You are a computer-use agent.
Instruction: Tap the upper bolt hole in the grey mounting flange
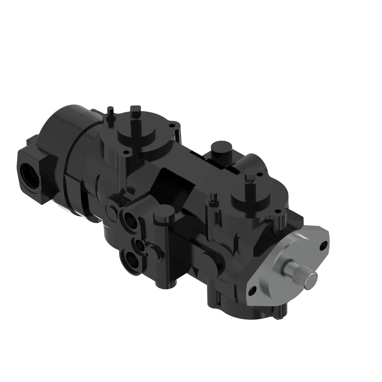322,247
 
